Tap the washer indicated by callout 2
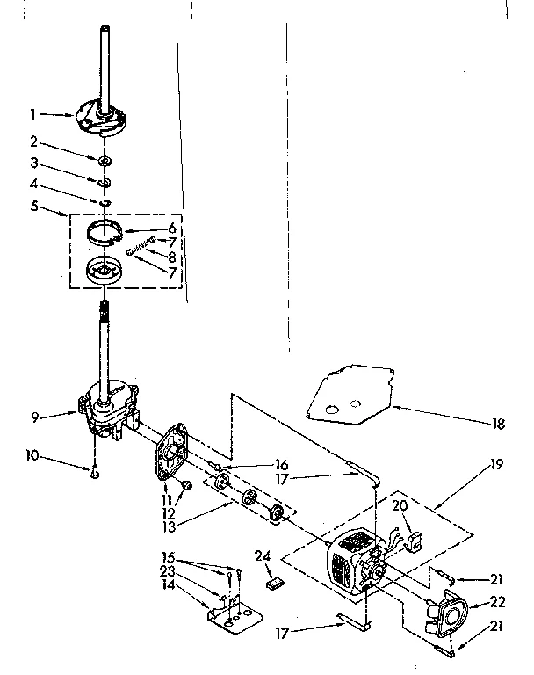105,161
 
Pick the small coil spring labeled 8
141,245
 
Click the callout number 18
499,423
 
